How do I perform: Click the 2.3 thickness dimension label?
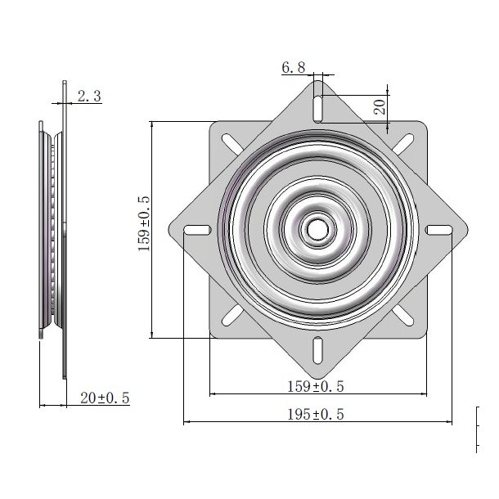click(89, 97)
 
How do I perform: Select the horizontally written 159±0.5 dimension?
click(317, 384)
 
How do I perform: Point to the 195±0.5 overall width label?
click(317, 414)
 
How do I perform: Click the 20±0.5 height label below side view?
click(104, 398)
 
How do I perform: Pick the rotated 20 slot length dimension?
click(379, 106)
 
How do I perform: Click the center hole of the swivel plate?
click(317, 228)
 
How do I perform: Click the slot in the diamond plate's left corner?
click(195, 229)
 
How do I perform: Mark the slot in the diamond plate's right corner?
click(438, 229)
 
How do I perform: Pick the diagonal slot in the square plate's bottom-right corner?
click(401, 312)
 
